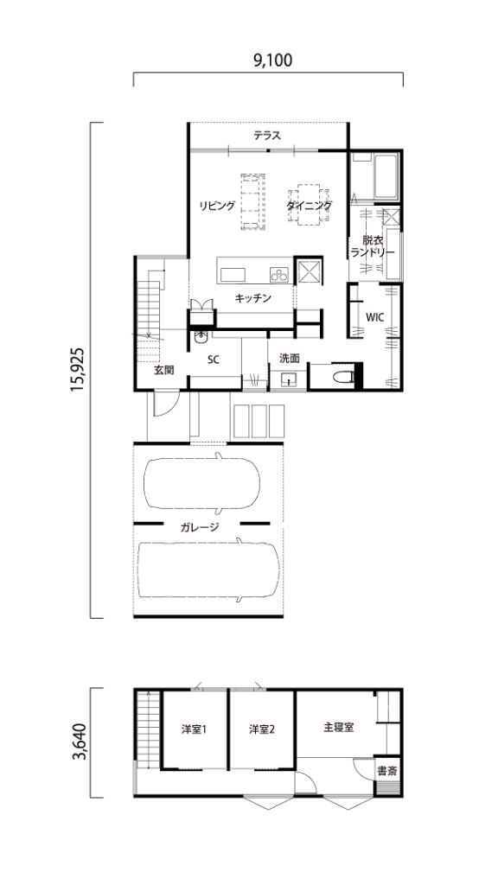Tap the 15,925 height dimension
tap(78, 370)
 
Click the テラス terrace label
tap(266, 136)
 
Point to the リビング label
tap(217, 206)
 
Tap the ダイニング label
tap(309, 206)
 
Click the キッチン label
tap(253, 297)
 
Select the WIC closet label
tap(375, 317)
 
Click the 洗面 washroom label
tap(289, 358)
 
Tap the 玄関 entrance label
tap(163, 370)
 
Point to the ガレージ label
tap(200, 528)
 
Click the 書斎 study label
tap(388, 770)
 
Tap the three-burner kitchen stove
tap(278, 275)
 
